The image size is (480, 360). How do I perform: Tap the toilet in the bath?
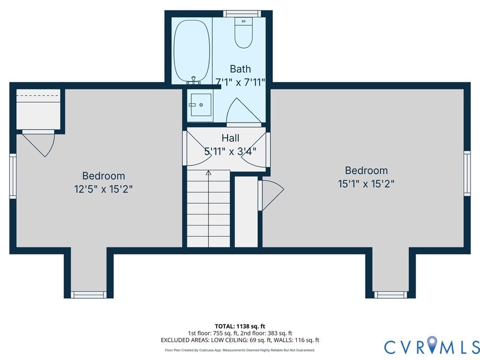coord(244,33)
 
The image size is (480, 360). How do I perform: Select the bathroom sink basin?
coord(201,105)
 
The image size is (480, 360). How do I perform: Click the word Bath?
coord(240,69)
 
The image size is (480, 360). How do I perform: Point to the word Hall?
coord(231,138)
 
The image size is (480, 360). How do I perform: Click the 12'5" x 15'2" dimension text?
coord(104,189)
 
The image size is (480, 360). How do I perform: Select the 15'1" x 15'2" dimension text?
coord(366,184)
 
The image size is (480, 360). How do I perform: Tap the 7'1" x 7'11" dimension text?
coord(240,82)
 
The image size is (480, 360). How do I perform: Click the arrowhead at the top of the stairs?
coord(209,173)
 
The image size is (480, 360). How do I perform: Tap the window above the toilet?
coord(242,14)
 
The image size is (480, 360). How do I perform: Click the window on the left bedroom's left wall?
coord(13,176)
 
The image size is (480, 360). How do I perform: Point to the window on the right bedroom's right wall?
coord(467,173)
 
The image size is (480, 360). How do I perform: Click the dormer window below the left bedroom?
coord(89,295)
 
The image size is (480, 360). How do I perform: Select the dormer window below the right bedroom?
coord(391,295)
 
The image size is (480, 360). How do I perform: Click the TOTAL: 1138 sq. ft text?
coord(240,326)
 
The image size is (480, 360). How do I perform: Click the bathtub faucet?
coord(194,80)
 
